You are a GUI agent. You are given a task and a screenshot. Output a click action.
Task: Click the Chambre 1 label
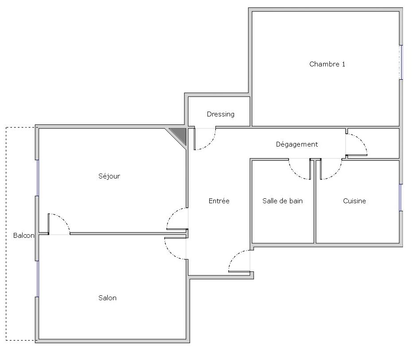[x=327, y=64]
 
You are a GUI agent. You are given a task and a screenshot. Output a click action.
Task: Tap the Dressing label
[x=220, y=114]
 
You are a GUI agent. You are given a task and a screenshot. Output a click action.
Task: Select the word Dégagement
[x=297, y=144]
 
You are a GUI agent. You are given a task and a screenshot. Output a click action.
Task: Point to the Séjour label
[x=109, y=176]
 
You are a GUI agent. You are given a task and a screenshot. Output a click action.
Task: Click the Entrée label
[x=219, y=201]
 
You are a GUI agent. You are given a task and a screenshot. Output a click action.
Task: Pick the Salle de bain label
[x=282, y=201]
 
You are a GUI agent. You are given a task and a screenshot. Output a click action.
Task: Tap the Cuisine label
[x=354, y=201]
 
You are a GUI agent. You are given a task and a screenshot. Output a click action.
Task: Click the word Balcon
[x=23, y=236]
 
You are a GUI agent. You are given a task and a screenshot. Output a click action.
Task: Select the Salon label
[x=107, y=298]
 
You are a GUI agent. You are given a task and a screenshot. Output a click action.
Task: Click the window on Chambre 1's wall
[x=401, y=62]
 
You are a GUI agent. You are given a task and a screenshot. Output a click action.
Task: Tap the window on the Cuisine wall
[x=401, y=197]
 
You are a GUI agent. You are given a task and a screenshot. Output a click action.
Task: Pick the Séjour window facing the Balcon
[x=37, y=178]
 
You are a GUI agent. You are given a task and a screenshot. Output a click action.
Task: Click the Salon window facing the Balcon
[x=37, y=279]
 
